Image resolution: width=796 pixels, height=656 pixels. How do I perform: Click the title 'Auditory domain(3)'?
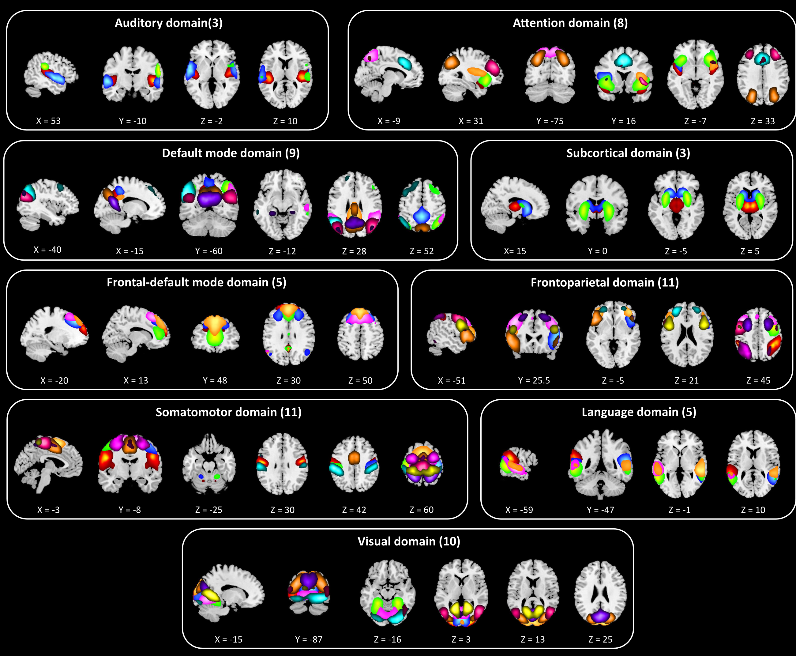coord(168,23)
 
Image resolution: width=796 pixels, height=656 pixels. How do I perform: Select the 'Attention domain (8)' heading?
coord(570,23)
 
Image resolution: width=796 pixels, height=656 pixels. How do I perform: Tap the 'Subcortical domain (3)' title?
coord(628,153)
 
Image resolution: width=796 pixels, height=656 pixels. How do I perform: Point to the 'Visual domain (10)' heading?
coord(409,541)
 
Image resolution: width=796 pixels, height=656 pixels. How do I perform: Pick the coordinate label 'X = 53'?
coord(48,121)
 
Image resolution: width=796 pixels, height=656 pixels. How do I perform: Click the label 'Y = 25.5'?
coord(534,381)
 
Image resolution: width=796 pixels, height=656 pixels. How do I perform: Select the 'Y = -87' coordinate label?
coord(309,639)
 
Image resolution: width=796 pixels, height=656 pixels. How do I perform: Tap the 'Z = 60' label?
coord(421,510)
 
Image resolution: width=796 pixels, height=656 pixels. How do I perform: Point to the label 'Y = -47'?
coord(600,510)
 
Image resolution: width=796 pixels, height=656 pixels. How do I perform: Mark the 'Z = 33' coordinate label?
coord(762,121)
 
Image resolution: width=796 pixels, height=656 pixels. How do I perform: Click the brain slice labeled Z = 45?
coord(758,334)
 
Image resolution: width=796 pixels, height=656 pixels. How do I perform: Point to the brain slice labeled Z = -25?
coord(209,465)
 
